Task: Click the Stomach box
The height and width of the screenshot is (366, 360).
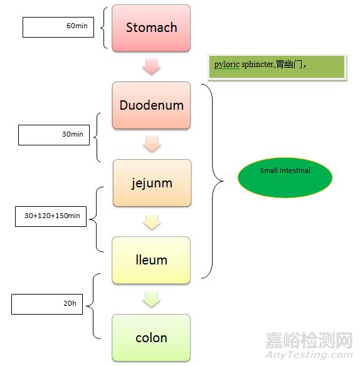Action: (x=151, y=28)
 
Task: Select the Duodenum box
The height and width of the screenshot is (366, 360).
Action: (x=151, y=105)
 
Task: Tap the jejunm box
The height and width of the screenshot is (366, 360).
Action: (x=151, y=183)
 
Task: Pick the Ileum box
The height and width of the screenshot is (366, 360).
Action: (x=151, y=259)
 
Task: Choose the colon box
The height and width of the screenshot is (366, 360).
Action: (x=151, y=338)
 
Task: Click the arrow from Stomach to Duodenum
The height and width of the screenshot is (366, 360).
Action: (x=151, y=66)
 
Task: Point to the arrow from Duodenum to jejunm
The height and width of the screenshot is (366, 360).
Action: (x=151, y=144)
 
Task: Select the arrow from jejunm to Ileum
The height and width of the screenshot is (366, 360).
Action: (x=151, y=221)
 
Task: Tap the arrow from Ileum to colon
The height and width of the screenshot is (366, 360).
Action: (x=151, y=299)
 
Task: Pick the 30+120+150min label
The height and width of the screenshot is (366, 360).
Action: (x=51, y=216)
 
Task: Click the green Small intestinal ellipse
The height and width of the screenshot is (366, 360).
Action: (x=285, y=178)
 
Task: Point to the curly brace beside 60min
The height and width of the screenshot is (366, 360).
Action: (x=104, y=28)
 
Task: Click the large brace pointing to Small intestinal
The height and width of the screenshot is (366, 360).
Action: (x=216, y=182)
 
